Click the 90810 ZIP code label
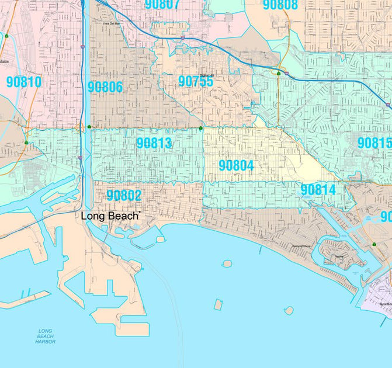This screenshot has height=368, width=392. (23, 82)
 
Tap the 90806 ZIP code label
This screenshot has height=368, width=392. (105, 88)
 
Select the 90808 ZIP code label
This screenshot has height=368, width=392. (280, 5)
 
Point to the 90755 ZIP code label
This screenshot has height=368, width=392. (196, 82)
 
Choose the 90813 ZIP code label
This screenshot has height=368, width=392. (154, 143)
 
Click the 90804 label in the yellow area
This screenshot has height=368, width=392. (236, 166)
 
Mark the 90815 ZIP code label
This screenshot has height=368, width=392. (374, 143)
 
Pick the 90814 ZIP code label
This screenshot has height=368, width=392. (318, 190)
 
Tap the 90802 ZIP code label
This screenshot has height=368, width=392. (124, 196)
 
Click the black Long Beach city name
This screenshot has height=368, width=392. (110, 216)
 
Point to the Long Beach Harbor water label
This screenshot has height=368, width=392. (45, 336)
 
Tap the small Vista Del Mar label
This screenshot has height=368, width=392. (111, 24)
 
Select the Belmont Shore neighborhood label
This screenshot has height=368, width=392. (301, 247)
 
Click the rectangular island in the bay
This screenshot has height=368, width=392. (218, 304)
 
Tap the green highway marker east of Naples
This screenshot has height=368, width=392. (374, 244)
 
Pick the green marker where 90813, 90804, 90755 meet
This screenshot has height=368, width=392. (200, 127)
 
